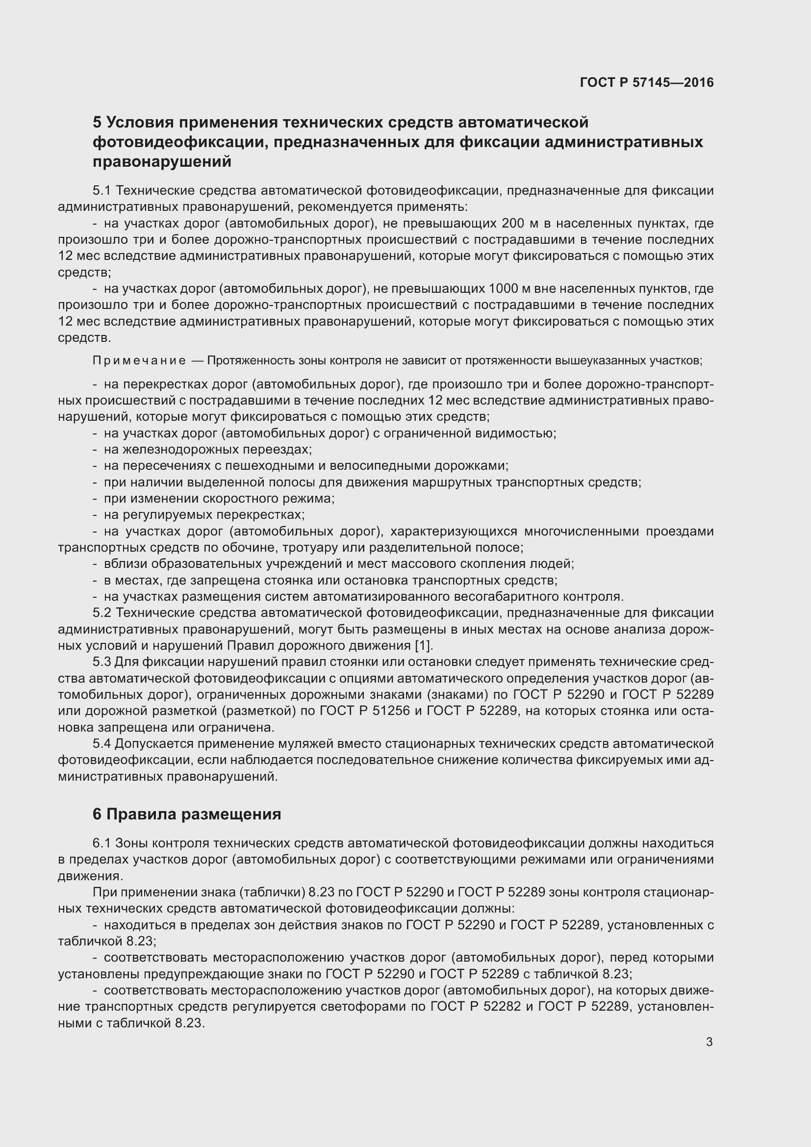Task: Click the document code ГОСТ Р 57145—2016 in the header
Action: coord(647,83)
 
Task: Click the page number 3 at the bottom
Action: coord(709,1042)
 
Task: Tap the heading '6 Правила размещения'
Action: coord(187,814)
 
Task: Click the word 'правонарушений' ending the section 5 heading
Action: coord(162,162)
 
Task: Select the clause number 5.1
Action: coord(102,190)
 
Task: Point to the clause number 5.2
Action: coord(102,613)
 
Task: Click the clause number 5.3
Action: coord(102,662)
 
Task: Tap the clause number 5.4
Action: coord(102,744)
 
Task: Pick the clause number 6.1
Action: coord(102,843)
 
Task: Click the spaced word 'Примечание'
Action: coord(139,361)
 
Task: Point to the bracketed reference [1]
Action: coord(423,645)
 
